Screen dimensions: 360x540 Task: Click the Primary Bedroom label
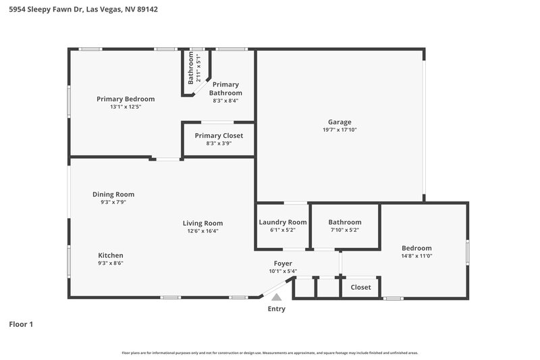point(126,99)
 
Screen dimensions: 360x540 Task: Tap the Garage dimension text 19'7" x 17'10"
point(340,130)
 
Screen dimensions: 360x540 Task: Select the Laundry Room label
point(283,222)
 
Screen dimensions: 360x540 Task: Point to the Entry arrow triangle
point(276,297)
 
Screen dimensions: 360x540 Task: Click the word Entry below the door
point(276,309)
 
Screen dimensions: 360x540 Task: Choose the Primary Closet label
point(219,136)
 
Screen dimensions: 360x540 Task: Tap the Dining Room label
point(113,195)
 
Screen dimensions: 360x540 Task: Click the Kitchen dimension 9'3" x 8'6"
point(111,263)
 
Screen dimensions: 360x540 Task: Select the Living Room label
point(202,223)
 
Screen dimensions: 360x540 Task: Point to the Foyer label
point(283,263)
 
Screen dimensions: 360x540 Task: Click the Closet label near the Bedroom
point(360,287)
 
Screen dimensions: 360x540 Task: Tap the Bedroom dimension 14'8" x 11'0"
point(416,256)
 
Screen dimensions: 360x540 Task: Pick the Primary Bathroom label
point(225,88)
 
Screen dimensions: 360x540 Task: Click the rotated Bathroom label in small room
point(191,68)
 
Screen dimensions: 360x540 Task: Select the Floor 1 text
point(20,324)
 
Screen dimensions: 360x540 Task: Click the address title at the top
point(75,10)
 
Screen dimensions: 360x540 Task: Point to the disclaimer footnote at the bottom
point(269,353)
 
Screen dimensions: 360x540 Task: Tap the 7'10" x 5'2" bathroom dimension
point(344,230)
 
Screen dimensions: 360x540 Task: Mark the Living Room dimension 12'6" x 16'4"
point(202,231)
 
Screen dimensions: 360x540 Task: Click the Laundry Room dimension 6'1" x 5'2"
point(283,230)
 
